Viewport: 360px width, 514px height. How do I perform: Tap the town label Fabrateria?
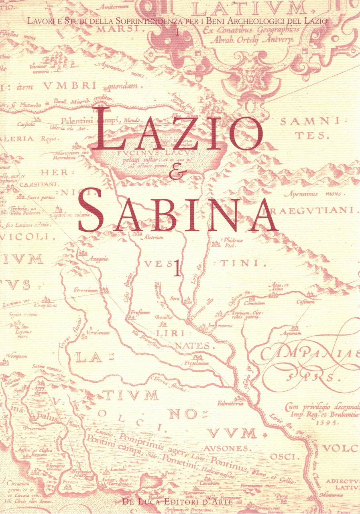(x=230, y=404)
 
